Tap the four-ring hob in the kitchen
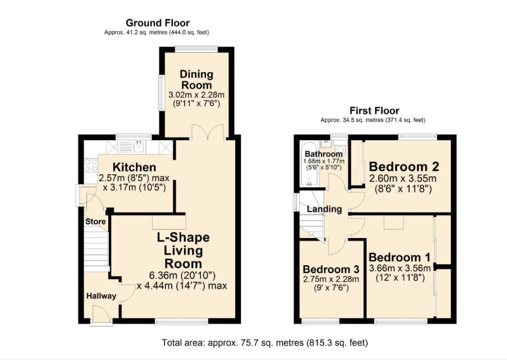pos(91,165)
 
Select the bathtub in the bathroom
pos(309,166)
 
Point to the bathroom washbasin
pos(326,144)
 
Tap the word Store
pos(95,222)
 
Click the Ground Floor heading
pos(157,23)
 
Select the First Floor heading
pos(374,111)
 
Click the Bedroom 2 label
pos(404,166)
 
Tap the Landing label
pos(324,209)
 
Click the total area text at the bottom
pos(265,342)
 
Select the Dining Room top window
pos(196,48)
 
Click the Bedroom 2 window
pos(418,136)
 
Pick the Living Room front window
pos(181,322)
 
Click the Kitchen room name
pos(134,167)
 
